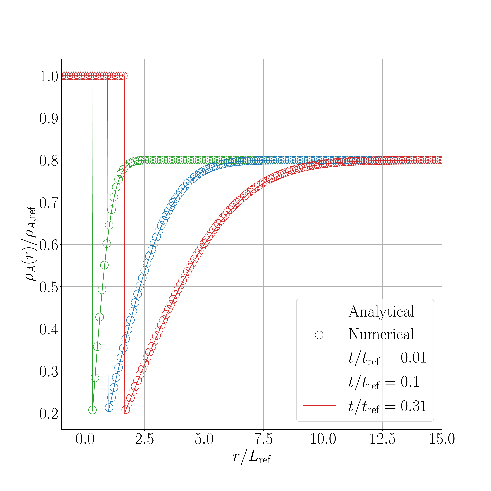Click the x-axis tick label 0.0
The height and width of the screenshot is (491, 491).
pos(85,439)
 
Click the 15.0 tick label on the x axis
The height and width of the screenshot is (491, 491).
pos(442,439)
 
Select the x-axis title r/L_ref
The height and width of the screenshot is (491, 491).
pos(252,457)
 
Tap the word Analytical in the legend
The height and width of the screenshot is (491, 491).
pos(381,312)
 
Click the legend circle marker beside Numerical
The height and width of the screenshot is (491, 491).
pos(319,335)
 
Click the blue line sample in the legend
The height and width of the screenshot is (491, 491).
pos(319,381)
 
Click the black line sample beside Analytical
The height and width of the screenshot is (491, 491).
pos(319,311)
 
